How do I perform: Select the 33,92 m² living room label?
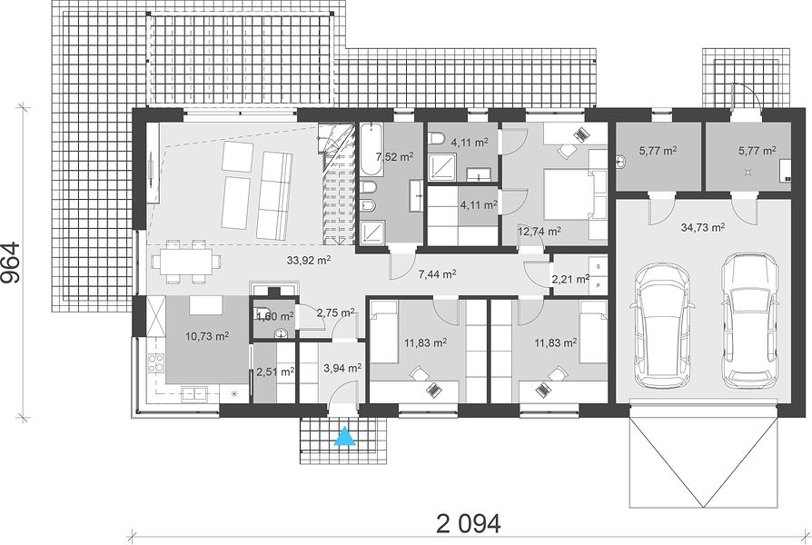[309, 260]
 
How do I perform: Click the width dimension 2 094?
[469, 523]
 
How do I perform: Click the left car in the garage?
[660, 327]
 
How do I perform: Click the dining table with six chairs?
[185, 262]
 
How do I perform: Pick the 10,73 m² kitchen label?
[208, 336]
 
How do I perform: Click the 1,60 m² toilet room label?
[275, 315]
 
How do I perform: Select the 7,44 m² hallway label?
[437, 274]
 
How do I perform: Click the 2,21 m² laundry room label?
[570, 280]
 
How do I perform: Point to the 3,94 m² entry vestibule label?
[342, 369]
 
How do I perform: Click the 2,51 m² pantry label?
[275, 372]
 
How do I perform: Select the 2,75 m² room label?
[335, 312]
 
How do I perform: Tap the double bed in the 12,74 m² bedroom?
[568, 194]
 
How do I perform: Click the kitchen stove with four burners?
[154, 363]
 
